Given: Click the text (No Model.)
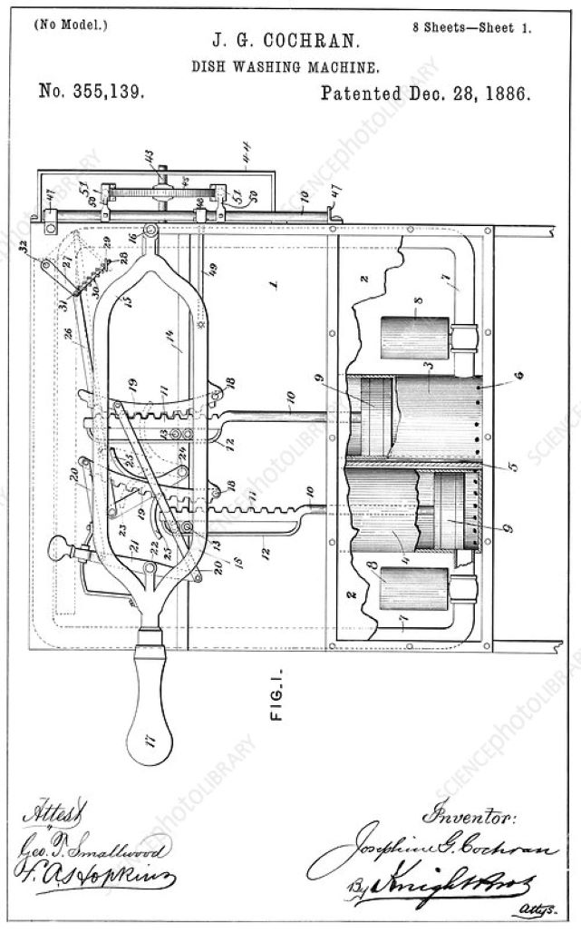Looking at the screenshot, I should [69, 24].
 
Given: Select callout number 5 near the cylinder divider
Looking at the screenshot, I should [513, 468].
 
